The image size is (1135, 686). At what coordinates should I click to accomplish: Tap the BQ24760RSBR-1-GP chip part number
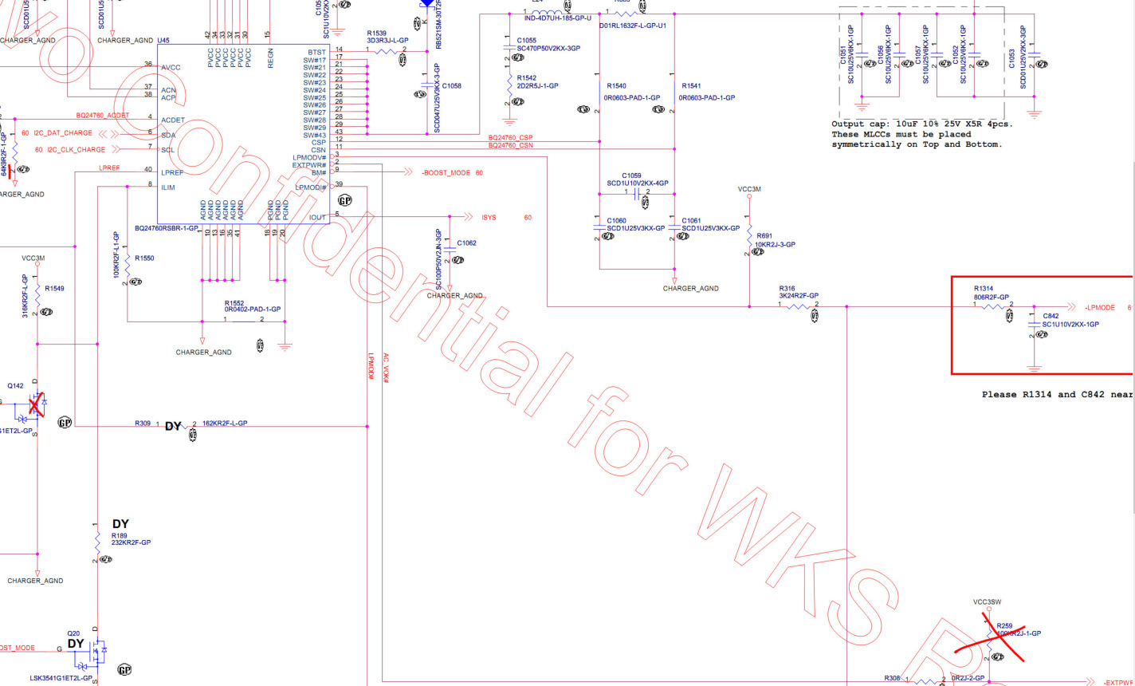[167, 228]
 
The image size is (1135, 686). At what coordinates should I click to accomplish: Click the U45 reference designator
[163, 40]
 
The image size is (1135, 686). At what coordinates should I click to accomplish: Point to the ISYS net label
[489, 218]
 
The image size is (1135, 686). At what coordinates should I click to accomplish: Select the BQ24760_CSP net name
[510, 138]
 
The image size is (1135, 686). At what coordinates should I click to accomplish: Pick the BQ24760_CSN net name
[510, 146]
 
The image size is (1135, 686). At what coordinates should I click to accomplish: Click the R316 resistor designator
[787, 288]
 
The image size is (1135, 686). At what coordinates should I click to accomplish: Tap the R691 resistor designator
[764, 236]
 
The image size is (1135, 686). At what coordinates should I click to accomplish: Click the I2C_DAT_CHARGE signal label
[69, 132]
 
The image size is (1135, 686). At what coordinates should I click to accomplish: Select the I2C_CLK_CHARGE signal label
[70, 150]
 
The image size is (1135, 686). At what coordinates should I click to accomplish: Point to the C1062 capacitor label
[466, 242]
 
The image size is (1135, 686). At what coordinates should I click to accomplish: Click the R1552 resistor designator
[234, 303]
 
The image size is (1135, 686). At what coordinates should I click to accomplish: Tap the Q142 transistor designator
[16, 384]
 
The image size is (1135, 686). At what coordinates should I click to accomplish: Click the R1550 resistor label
[144, 258]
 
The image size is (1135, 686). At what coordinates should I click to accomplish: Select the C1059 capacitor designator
[630, 175]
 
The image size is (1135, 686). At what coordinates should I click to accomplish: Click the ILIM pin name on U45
[167, 187]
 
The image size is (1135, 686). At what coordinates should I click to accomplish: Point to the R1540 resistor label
[616, 85]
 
